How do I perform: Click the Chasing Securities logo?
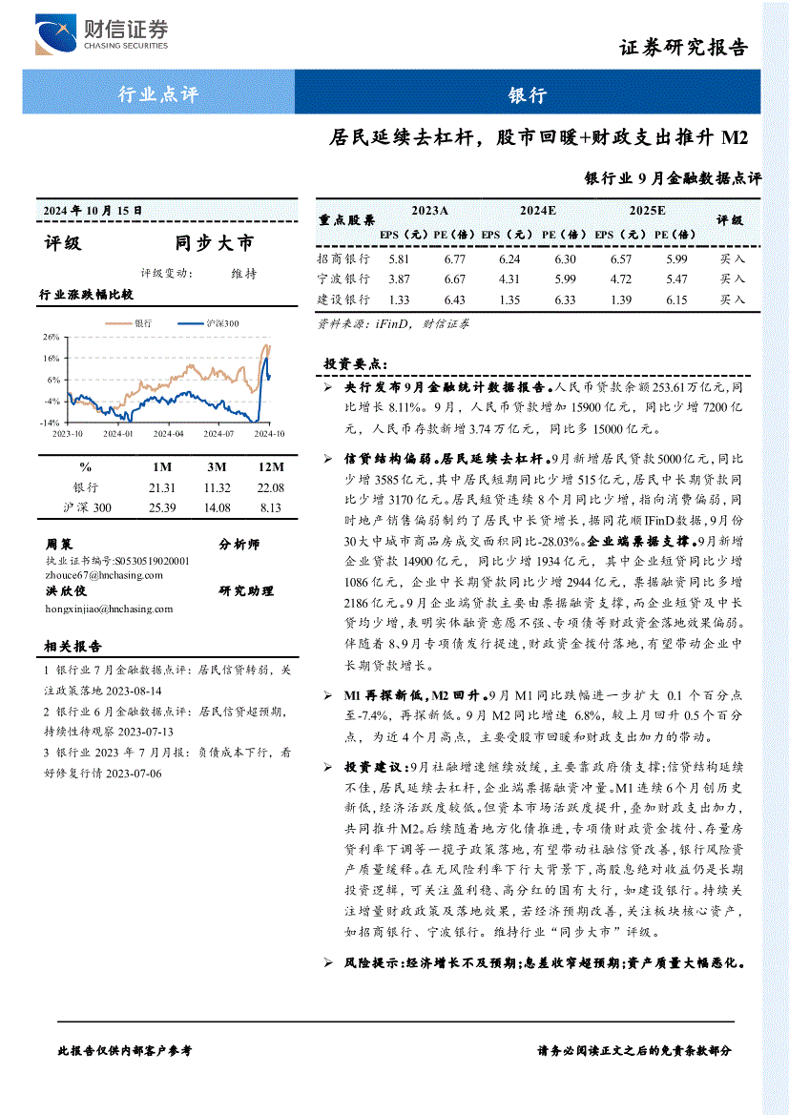100,35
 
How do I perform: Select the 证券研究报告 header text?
683,48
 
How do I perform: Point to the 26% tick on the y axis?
51,337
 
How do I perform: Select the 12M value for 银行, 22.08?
271,487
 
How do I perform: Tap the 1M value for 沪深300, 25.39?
162,507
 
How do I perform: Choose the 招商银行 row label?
343,258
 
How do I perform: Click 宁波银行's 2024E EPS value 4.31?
509,279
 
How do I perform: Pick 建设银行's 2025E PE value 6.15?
677,299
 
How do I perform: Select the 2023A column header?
429,210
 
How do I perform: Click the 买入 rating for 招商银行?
733,258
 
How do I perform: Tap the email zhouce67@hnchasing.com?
104,575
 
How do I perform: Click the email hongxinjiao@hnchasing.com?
110,609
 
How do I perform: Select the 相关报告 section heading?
73,647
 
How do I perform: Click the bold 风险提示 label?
372,963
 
